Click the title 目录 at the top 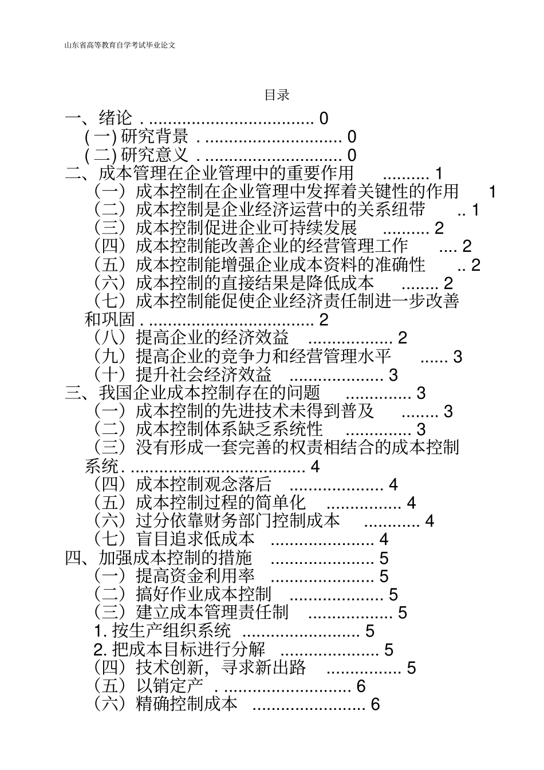click(277, 96)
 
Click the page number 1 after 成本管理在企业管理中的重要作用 click(439, 173)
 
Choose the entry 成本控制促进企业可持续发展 click(246, 228)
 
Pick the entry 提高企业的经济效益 click(212, 338)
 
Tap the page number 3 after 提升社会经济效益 click(393, 375)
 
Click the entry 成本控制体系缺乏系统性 click(229, 429)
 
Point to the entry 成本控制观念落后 click(203, 485)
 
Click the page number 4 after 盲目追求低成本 click(384, 539)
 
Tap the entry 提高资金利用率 click(195, 576)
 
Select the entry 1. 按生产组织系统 click(163, 631)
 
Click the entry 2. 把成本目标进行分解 click(179, 650)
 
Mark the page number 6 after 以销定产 click(361, 686)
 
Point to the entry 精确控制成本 click(186, 704)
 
